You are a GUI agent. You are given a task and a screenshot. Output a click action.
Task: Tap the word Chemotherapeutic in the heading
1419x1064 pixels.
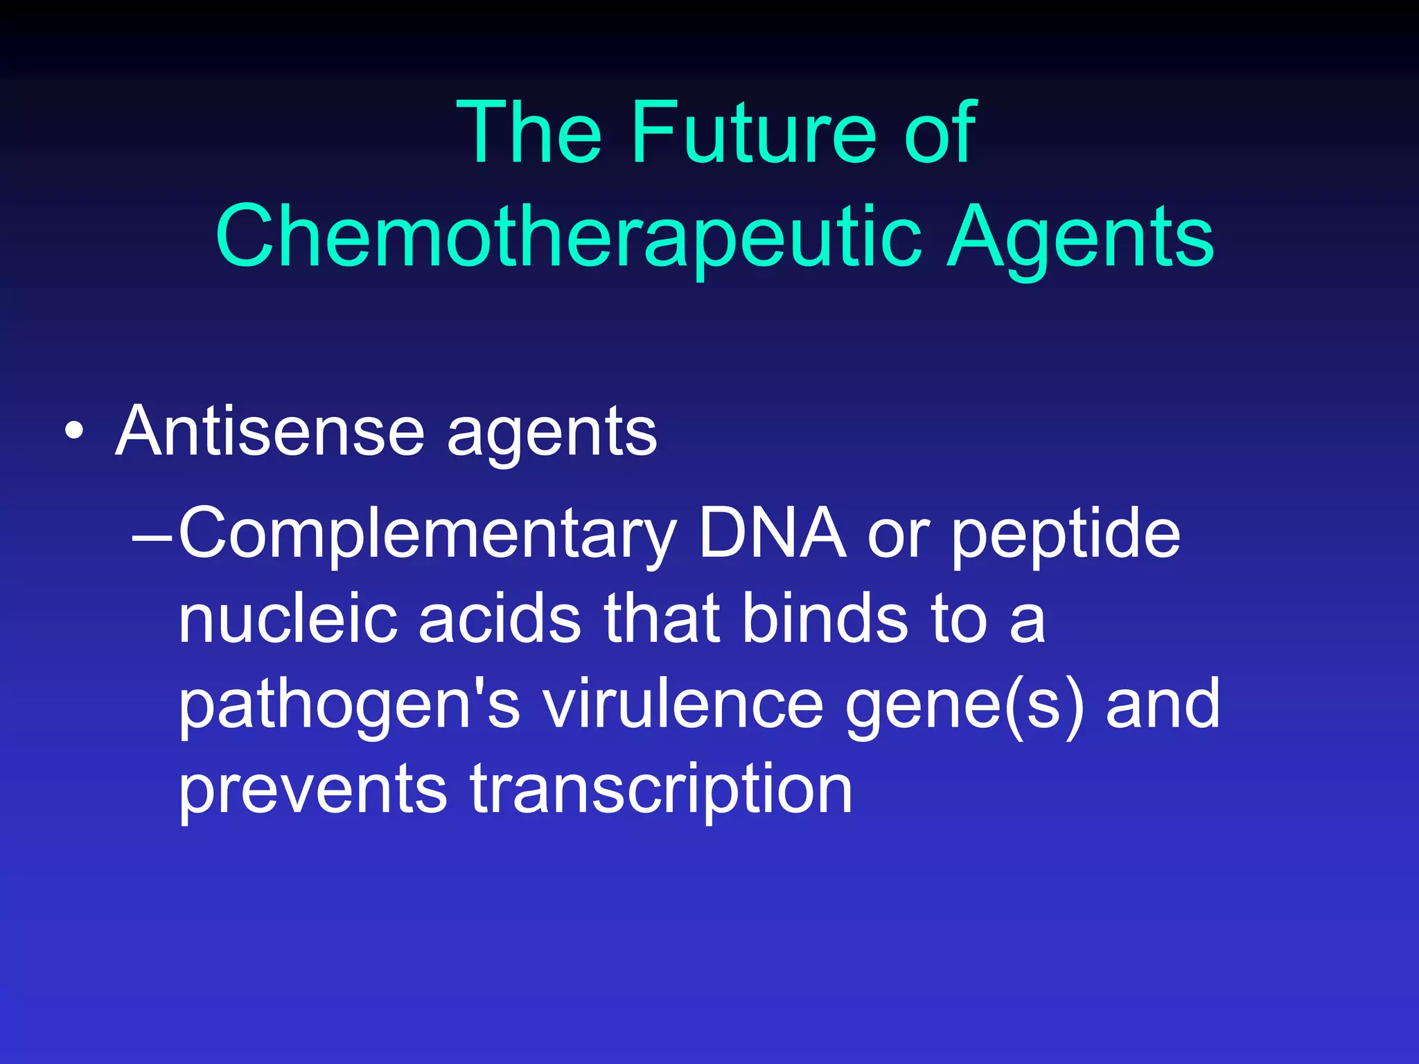(x=568, y=237)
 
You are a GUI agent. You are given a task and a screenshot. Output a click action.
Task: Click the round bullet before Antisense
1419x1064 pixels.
(x=74, y=432)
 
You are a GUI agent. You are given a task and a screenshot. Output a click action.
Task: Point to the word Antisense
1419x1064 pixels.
(x=270, y=431)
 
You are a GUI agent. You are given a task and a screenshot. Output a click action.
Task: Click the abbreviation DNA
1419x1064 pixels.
(x=772, y=533)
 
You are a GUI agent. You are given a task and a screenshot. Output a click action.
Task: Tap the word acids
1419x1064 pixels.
(x=500, y=619)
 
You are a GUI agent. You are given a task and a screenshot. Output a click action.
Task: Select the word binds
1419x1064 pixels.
(x=825, y=619)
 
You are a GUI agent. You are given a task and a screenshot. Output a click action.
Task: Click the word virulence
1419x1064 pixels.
(x=682, y=704)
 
